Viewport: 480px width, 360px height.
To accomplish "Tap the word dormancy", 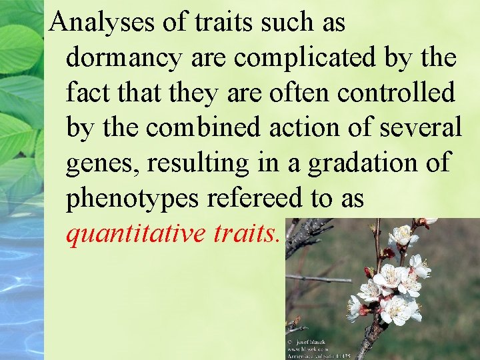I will point(124,59).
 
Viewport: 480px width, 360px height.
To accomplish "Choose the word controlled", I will point(396,93).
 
